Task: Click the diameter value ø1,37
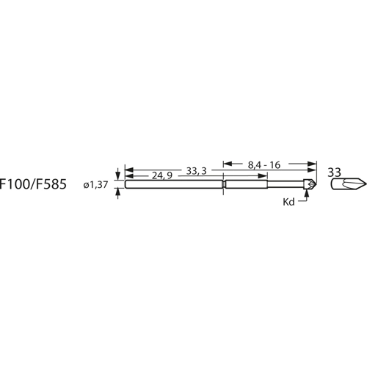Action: coord(97,186)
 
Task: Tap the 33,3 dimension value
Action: coord(197,170)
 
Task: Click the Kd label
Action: coord(288,200)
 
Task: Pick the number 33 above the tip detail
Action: coord(335,172)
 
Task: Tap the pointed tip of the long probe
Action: coord(316,184)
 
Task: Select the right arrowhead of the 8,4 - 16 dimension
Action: coord(312,164)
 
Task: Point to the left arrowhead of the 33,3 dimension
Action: coord(129,170)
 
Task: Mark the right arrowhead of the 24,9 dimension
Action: coord(219,176)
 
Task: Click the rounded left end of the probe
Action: coord(127,184)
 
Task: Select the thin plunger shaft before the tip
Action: coord(294,184)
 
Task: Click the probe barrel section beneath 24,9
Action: coord(172,184)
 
